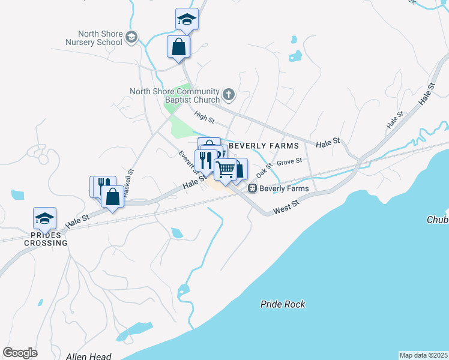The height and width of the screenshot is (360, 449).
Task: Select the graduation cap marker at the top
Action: tap(187, 20)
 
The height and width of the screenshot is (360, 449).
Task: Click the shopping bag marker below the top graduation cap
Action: tap(178, 47)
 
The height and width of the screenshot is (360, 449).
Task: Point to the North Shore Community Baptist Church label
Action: tap(175, 95)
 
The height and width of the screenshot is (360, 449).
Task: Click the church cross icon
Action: tap(228, 95)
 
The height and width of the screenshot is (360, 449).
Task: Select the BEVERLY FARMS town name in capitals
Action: tap(264, 146)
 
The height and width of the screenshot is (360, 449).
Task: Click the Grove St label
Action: tap(289, 161)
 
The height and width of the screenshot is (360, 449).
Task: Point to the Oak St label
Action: tap(264, 170)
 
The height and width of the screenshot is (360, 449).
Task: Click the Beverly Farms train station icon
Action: tap(253, 188)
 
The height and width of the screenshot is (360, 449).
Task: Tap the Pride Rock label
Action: tap(283, 304)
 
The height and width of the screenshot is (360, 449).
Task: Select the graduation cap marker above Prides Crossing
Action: tap(44, 219)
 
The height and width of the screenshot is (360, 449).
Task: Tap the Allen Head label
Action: tap(89, 356)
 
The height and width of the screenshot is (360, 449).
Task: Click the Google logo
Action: tap(20, 352)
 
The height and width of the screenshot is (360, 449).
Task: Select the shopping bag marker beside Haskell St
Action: tap(112, 196)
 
